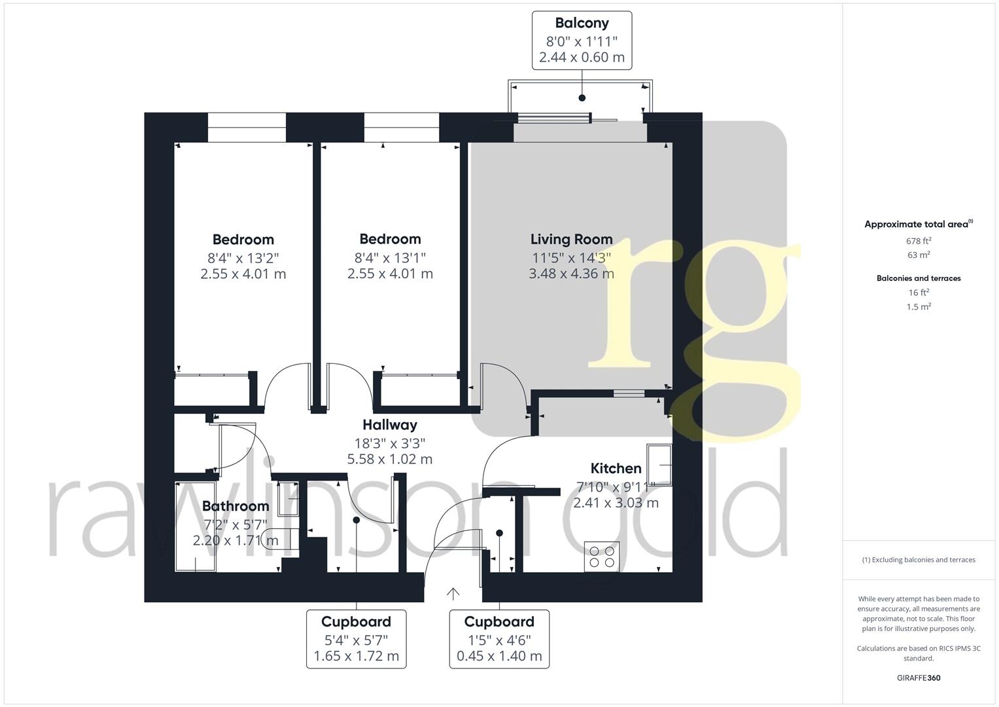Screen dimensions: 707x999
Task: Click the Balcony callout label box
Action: [x=582, y=40]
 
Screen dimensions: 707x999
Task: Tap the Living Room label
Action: [x=571, y=240]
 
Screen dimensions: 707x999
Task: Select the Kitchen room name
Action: [x=616, y=468]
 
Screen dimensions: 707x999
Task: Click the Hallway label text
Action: [x=390, y=425]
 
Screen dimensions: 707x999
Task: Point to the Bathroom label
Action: [x=236, y=506]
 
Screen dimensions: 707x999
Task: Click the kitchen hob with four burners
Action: [x=602, y=556]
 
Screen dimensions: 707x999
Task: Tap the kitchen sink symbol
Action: [x=659, y=464]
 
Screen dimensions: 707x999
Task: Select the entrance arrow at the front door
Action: [x=453, y=593]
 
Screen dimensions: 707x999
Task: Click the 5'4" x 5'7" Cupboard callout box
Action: [x=356, y=639]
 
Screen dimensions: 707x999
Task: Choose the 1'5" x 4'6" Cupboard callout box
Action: [x=499, y=639]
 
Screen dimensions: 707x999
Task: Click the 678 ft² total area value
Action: [x=919, y=241]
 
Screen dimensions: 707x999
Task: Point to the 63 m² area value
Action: [x=919, y=255]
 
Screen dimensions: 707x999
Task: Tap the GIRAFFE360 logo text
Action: [x=919, y=678]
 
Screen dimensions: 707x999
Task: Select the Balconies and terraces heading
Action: [x=919, y=278]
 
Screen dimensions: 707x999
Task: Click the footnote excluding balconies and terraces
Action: [x=919, y=560]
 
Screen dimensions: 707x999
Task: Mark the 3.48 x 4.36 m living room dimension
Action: [x=571, y=274]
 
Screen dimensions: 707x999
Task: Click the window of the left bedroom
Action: [x=247, y=128]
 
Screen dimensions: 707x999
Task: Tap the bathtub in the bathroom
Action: [x=196, y=527]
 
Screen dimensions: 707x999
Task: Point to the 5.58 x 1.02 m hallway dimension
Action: [x=390, y=459]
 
